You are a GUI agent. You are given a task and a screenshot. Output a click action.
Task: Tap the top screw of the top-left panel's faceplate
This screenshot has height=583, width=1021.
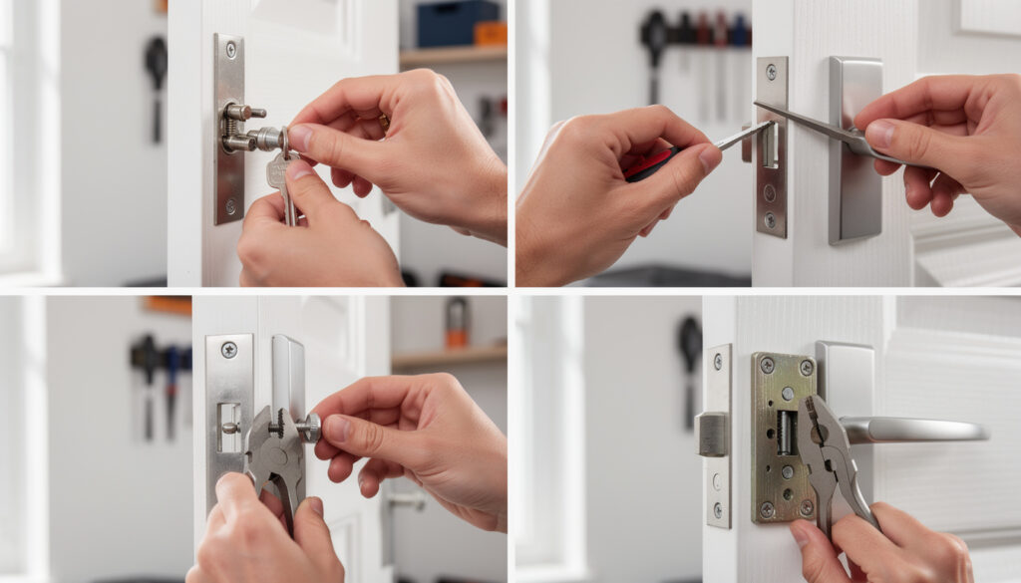click(231, 48)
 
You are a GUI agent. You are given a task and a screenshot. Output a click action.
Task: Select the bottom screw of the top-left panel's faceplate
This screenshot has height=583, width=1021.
click(230, 207)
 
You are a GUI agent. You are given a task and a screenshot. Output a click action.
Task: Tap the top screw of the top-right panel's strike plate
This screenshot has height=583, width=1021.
click(770, 71)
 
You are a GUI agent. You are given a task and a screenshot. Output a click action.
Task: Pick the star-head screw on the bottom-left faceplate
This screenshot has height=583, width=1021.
click(228, 350)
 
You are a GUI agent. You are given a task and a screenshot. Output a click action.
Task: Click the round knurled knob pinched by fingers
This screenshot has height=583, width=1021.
click(310, 428)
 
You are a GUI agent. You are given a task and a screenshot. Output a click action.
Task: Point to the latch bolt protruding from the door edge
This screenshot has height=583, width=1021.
click(712, 434)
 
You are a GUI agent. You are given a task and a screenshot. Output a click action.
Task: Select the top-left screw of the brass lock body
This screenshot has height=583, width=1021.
click(766, 366)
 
